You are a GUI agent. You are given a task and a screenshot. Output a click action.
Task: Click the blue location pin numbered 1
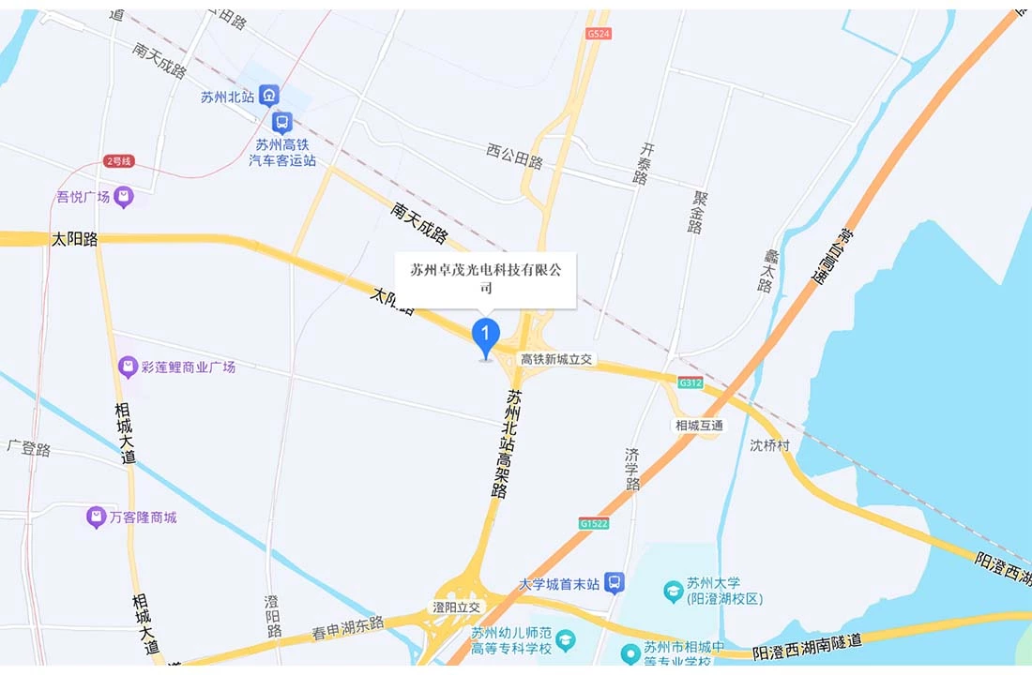pos(485,336)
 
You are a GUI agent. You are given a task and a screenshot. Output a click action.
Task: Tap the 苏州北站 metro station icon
pos(270,96)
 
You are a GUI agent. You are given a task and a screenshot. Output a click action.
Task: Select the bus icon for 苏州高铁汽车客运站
pos(281,122)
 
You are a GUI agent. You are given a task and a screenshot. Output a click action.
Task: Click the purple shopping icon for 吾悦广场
pos(124,197)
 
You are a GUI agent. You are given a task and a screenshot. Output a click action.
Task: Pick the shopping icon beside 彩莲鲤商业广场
pos(129,367)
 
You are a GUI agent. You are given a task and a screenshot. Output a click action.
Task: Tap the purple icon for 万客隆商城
pos(96,517)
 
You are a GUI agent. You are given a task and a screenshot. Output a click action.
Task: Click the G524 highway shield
pos(598,34)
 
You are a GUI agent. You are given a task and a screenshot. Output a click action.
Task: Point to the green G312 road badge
pos(691,382)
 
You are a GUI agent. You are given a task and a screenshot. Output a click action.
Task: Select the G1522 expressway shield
pos(593,523)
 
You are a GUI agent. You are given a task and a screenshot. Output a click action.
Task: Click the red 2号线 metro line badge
pos(119,161)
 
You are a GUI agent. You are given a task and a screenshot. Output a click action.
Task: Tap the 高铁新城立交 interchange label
pos(557,360)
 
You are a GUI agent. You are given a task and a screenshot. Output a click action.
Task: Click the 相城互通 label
pos(699,425)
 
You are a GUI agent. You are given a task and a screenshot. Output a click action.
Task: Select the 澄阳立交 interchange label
pos(456,607)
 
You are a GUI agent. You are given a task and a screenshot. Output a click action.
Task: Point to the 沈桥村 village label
pos(770,444)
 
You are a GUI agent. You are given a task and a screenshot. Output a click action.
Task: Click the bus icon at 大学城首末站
pos(615,583)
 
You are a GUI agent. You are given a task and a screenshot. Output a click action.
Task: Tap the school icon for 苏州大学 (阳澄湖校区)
pos(673,591)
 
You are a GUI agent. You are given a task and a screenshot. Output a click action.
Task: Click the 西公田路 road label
pos(514,156)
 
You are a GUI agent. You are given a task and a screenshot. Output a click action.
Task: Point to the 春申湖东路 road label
pos(348,627)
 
